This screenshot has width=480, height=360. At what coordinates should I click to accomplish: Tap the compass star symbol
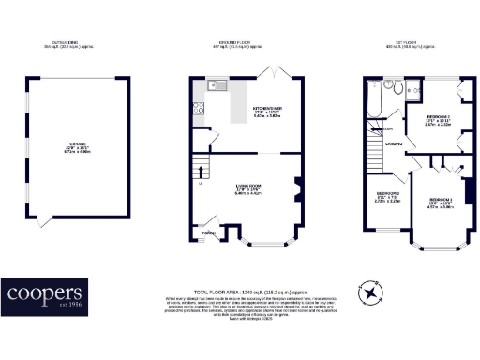pyautogui.click(x=372, y=293)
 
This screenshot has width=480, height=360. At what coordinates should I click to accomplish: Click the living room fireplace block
pyautogui.click(x=297, y=187)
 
